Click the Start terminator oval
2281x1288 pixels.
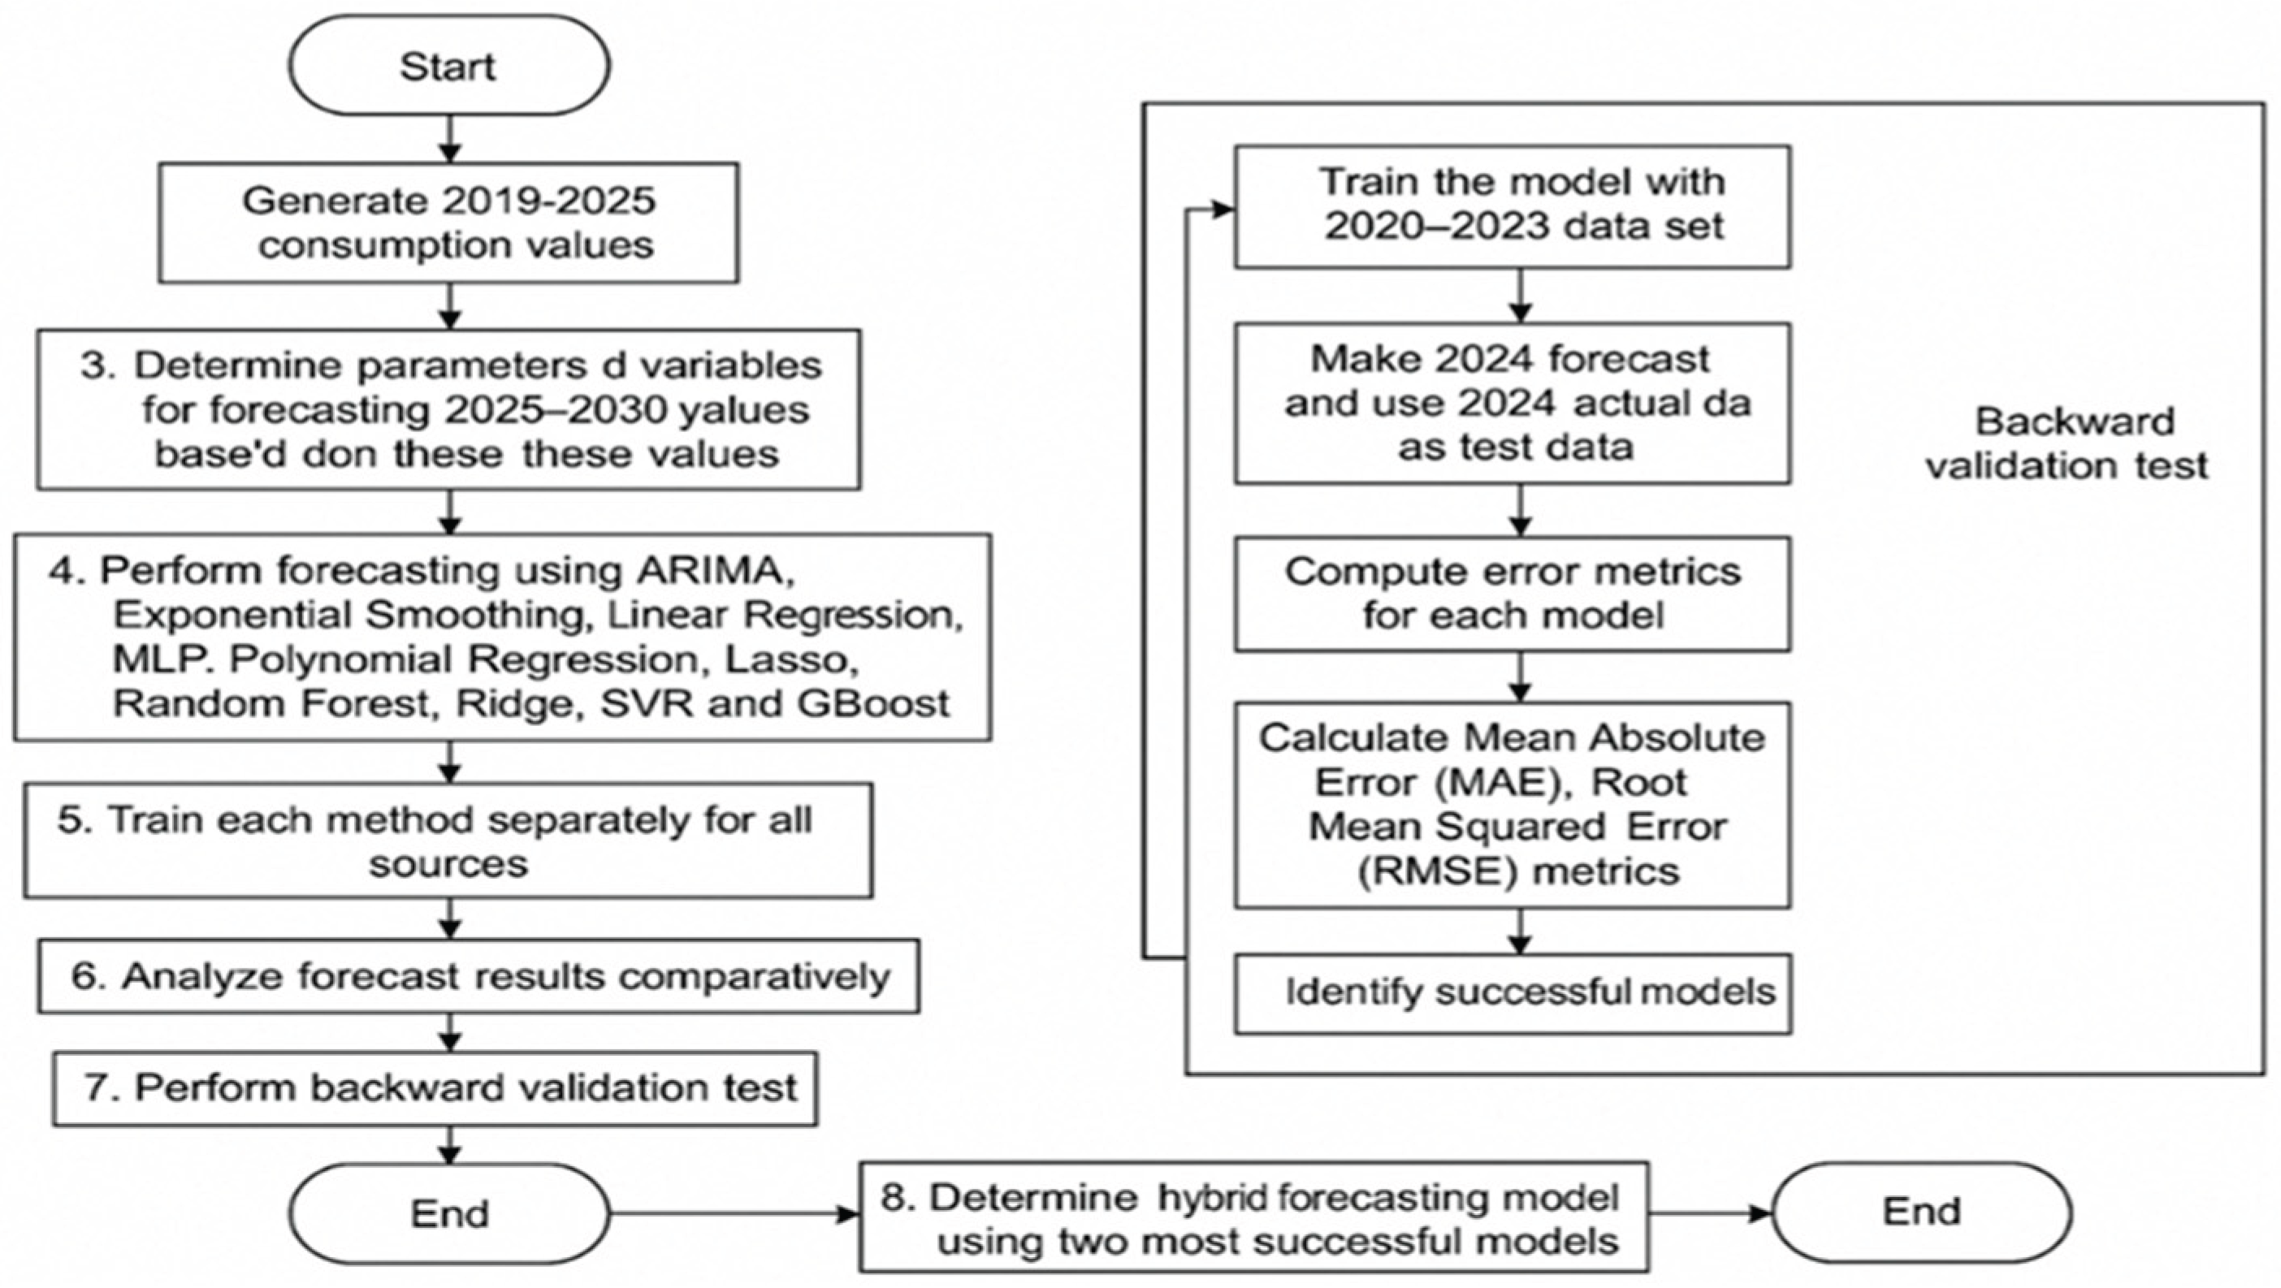pos(449,66)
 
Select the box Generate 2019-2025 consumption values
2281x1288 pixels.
pos(449,223)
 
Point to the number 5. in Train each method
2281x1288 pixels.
pos(75,819)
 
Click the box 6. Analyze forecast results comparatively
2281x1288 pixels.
pos(478,976)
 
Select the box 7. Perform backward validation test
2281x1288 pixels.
pos(435,1088)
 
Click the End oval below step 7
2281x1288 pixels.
pos(449,1213)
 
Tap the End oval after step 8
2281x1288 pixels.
pos(1921,1212)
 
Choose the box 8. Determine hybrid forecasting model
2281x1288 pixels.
pos(1254,1217)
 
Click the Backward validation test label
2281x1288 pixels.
pos(2067,443)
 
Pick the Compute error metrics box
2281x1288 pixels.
pos(1513,593)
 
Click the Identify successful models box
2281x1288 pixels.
pos(1513,992)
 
